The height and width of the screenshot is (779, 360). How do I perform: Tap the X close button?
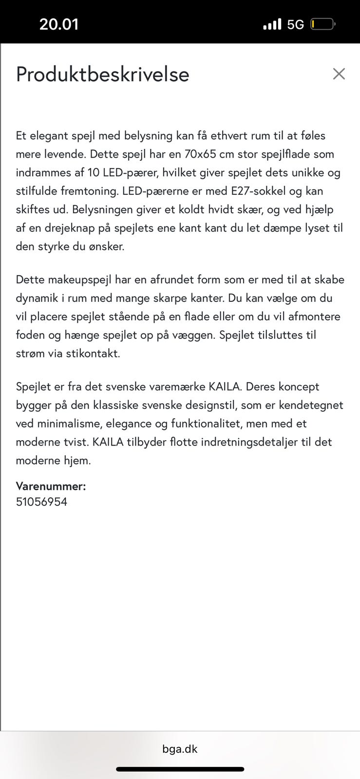339,74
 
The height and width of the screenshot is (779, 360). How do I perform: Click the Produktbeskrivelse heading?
102,74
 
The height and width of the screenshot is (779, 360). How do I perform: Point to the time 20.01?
59,24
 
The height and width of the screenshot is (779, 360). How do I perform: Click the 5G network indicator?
295,24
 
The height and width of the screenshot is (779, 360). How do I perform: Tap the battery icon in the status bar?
322,24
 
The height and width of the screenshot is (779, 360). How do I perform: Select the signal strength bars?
272,24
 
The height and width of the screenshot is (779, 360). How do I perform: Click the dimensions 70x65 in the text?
200,154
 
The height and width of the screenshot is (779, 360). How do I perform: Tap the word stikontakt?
90,354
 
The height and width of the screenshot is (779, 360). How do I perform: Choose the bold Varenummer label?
51,486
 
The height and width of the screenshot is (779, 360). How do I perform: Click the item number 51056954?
41,502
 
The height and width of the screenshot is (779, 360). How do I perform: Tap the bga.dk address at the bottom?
180,749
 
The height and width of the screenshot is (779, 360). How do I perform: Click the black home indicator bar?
180,769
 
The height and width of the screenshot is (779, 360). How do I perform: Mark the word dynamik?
37,298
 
